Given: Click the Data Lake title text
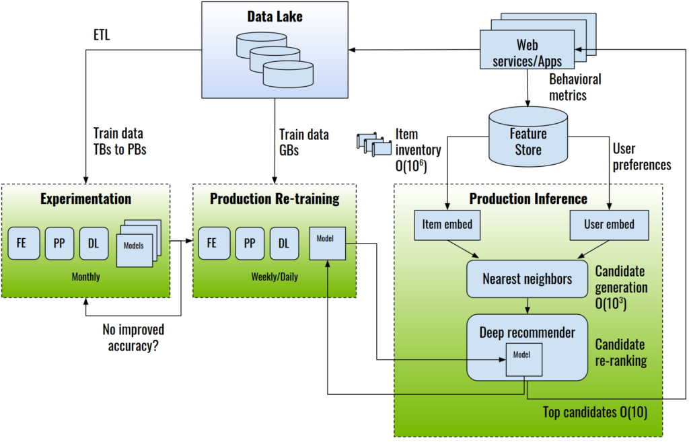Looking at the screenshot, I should pyautogui.click(x=275, y=17).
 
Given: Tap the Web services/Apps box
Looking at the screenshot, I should pyautogui.click(x=527, y=53).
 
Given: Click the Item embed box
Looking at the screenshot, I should pyautogui.click(x=447, y=224).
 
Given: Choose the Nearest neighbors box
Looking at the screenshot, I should pyautogui.click(x=527, y=279).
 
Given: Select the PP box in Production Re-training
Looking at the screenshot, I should pyautogui.click(x=250, y=244).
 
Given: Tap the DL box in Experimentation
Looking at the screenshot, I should pyautogui.click(x=94, y=244).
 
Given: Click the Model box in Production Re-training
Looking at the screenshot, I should pyautogui.click(x=326, y=244).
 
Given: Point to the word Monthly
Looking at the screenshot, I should pyautogui.click(x=87, y=277).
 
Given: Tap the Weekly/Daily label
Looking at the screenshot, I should pyautogui.click(x=274, y=277).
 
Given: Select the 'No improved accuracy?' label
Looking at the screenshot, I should pyautogui.click(x=133, y=338).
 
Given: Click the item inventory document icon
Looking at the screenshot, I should pyautogui.click(x=373, y=143).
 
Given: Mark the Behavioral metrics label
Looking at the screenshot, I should pyautogui.click(x=575, y=87).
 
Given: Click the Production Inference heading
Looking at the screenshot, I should pyautogui.click(x=528, y=198).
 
